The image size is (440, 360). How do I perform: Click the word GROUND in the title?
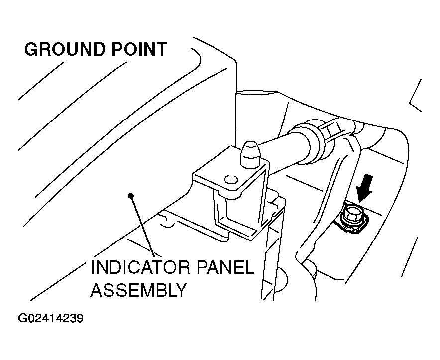tap(63, 50)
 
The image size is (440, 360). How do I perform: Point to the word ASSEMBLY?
tap(138, 290)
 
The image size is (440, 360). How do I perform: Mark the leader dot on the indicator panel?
tap(131, 195)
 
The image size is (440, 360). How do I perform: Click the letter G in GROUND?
tap(32, 50)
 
